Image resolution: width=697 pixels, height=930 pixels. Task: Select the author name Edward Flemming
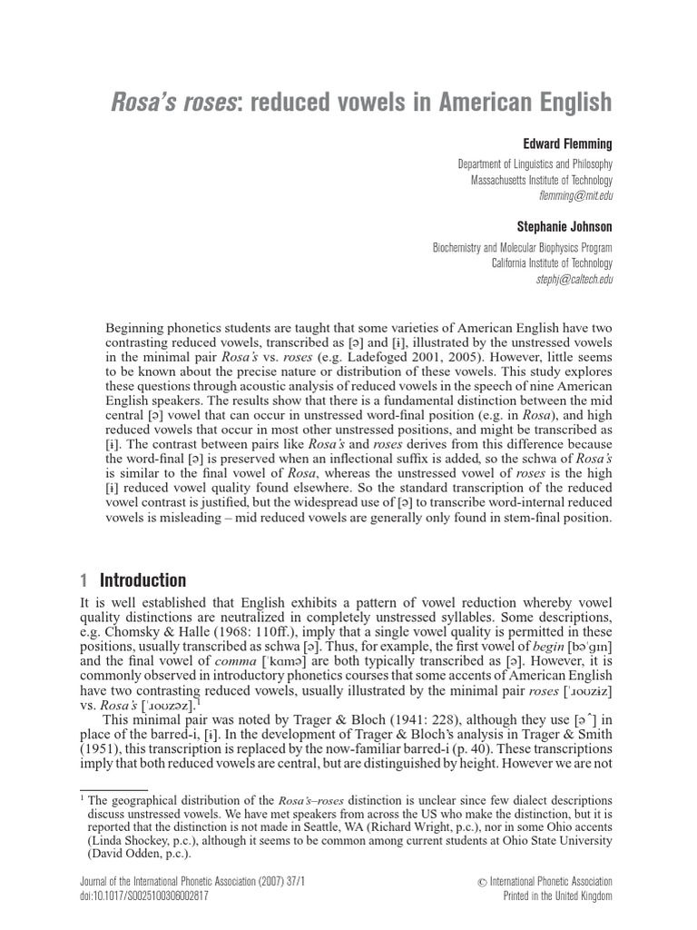tap(567, 144)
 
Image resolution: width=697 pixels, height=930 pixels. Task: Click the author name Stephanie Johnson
tap(564, 227)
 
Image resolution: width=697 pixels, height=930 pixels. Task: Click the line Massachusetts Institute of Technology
tap(541, 180)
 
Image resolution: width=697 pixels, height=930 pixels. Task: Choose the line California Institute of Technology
tap(552, 263)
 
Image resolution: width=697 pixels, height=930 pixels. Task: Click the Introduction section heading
tap(142, 580)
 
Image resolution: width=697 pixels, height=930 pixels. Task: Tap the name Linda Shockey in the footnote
tap(131, 841)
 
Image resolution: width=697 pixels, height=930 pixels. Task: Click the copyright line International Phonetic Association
tap(551, 882)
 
